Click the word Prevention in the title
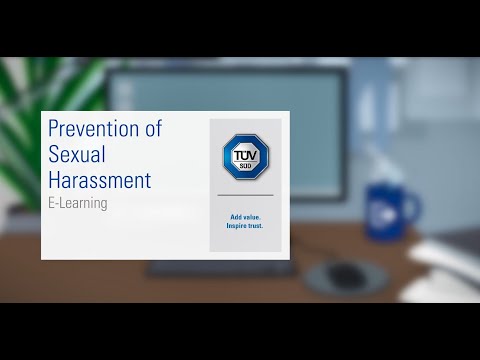point(95,129)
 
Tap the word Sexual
point(75,155)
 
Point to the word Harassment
point(100,181)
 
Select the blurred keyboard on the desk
point(220,268)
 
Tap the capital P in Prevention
point(54,129)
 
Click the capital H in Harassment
point(55,181)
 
